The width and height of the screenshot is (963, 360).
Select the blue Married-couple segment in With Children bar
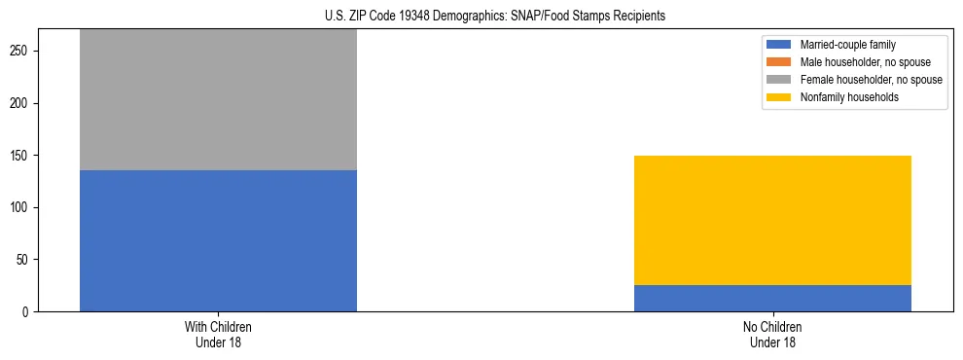click(x=218, y=240)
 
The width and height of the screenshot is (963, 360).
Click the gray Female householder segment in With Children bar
click(x=218, y=100)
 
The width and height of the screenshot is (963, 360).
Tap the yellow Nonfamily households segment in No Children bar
click(x=772, y=220)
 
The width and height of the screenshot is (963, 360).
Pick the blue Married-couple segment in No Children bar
click(x=772, y=298)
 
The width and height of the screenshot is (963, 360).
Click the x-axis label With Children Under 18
click(x=218, y=334)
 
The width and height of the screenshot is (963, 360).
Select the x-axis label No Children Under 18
click(x=772, y=334)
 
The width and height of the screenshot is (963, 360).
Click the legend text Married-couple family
click(x=847, y=45)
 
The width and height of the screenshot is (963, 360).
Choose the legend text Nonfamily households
click(x=843, y=97)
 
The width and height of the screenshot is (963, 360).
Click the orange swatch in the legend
click(x=779, y=62)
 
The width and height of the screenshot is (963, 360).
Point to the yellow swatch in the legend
click(x=779, y=97)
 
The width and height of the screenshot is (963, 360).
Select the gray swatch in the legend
click(x=779, y=80)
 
